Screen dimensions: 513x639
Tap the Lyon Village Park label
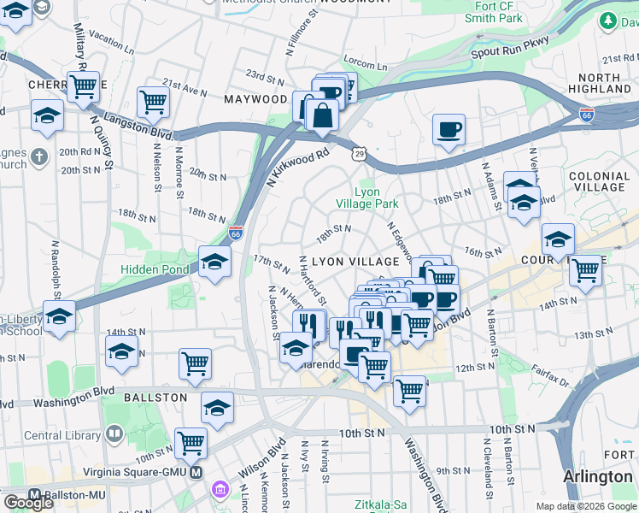pyautogui.click(x=377, y=198)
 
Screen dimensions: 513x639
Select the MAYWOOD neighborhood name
pyautogui.click(x=255, y=99)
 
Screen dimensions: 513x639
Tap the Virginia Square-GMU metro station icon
pyautogui.click(x=196, y=472)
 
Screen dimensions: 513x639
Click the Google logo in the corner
pyautogui.click(x=28, y=503)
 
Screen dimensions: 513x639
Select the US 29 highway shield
pyautogui.click(x=357, y=151)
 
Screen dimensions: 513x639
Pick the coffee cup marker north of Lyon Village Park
pyautogui.click(x=448, y=131)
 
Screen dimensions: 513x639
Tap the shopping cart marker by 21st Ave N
pyautogui.click(x=153, y=101)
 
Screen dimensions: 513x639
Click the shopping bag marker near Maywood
pyautogui.click(x=323, y=115)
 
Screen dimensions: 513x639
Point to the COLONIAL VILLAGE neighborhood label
pyautogui.click(x=598, y=181)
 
